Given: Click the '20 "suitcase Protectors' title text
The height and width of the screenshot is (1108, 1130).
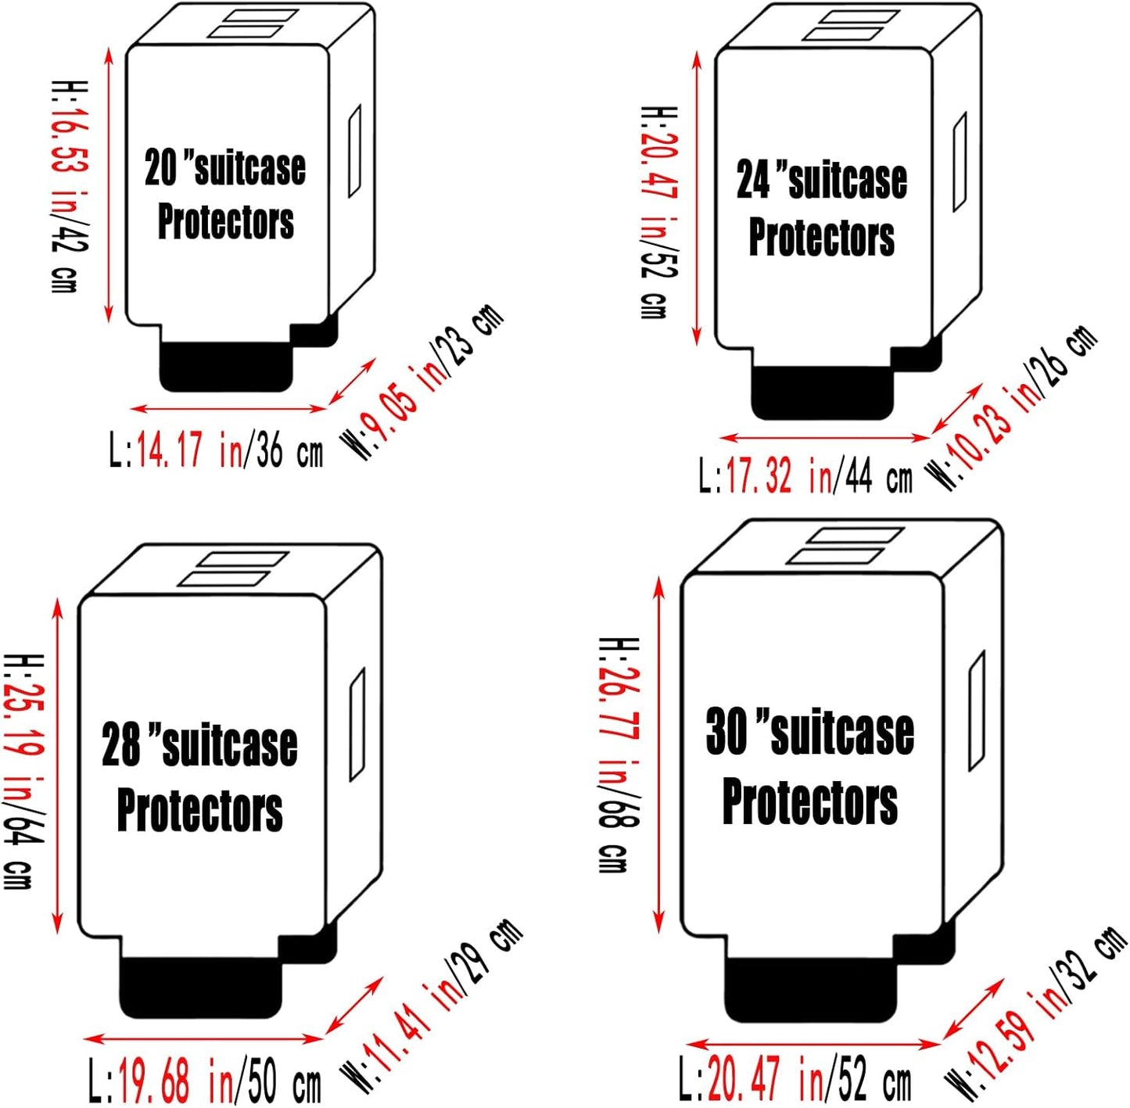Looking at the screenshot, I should tap(225, 194).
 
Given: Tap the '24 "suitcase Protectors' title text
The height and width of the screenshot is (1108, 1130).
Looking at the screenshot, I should tap(821, 208).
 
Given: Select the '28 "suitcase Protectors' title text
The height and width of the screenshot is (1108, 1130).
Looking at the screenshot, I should tap(199, 777).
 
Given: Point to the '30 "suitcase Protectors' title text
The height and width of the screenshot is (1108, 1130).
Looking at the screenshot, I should tap(809, 766).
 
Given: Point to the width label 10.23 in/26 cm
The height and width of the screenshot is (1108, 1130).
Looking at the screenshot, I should tap(1013, 407).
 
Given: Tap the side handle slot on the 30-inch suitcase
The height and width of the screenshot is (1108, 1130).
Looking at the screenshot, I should tap(976, 710).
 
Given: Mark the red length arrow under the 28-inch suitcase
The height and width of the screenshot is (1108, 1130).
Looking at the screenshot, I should tap(203, 1038).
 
